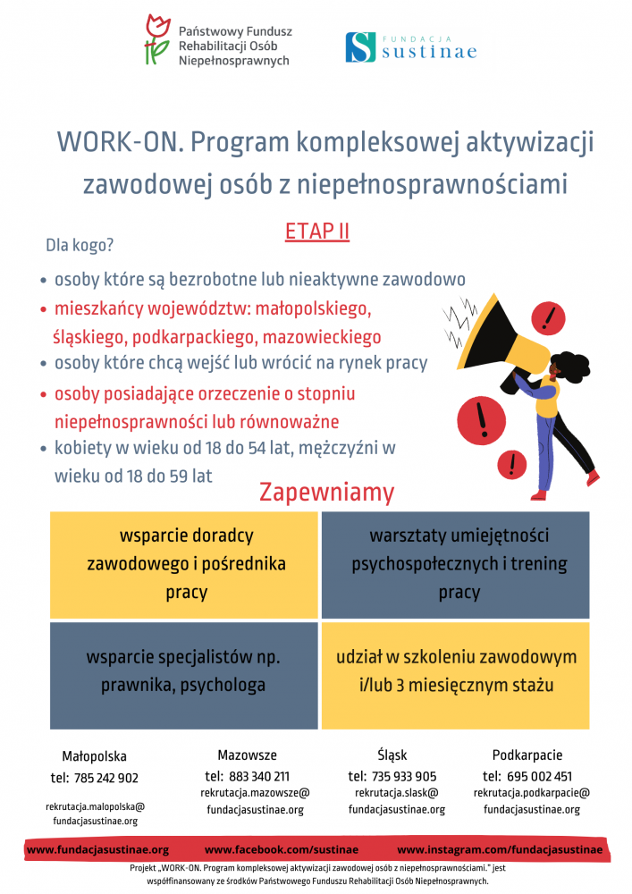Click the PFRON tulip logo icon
coord(158,40)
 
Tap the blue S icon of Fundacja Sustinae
coord(360,46)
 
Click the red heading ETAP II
coord(316,232)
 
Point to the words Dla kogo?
coord(80,245)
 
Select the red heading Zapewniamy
coord(326,492)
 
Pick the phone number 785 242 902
coord(106,778)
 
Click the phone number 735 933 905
coord(405,776)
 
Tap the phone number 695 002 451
coord(540,776)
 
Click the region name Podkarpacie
coord(527,755)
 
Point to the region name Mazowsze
coord(247,755)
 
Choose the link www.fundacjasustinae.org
coord(97,849)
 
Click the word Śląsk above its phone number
coord(392,755)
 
